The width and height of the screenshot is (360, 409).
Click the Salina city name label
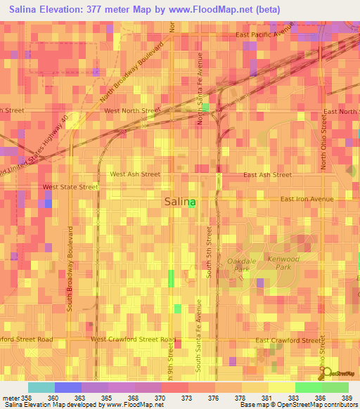[x=180, y=202]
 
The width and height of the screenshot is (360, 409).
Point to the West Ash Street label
[x=135, y=174]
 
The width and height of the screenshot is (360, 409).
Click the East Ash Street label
[x=267, y=174]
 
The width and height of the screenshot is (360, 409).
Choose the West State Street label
[x=70, y=187]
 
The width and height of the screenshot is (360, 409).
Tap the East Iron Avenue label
[x=307, y=199]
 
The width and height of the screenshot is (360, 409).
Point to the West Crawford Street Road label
[x=133, y=339]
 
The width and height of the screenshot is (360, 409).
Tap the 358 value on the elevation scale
[x=22, y=397]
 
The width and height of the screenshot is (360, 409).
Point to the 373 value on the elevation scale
[x=186, y=397]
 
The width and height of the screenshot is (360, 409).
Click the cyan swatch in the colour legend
[x=41, y=387]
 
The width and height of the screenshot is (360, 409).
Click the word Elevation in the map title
[x=67, y=9]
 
